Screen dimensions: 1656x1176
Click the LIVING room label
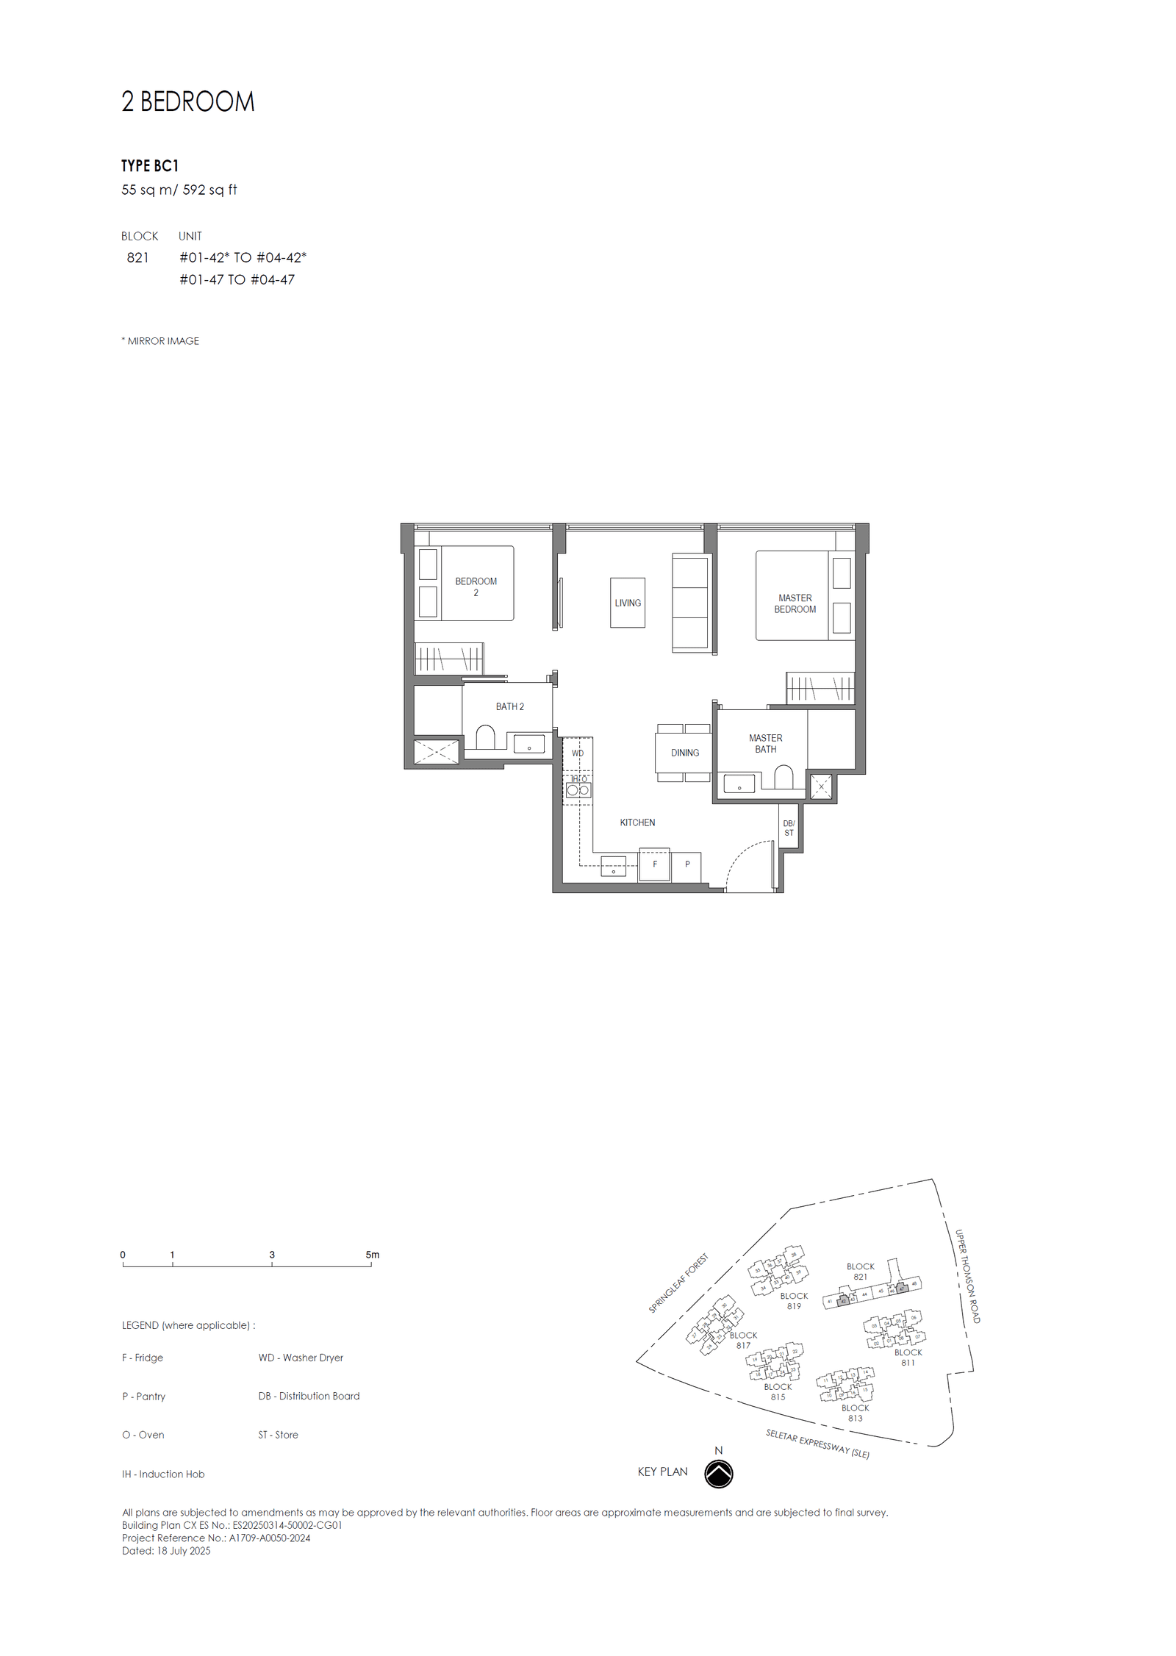(627, 603)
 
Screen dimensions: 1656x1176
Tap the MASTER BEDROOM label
(795, 603)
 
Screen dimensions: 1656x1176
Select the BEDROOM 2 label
(476, 587)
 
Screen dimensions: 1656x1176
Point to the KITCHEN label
(637, 822)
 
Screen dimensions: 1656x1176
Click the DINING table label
(684, 753)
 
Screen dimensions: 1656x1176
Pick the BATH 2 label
(509, 706)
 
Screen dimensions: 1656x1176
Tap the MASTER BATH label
(765, 743)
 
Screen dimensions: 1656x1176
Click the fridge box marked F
(654, 864)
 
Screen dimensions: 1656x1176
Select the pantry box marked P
(687, 864)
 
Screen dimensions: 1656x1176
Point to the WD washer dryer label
(578, 753)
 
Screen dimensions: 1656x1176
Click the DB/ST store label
(789, 828)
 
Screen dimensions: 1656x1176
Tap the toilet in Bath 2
(485, 737)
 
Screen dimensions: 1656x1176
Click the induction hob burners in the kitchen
(578, 790)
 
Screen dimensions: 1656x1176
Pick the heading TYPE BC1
(150, 166)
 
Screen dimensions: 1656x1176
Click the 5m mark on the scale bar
(372, 1255)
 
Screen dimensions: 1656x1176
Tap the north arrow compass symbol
(718, 1474)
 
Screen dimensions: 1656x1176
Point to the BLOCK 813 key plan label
(855, 1413)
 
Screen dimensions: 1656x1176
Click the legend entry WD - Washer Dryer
(301, 1358)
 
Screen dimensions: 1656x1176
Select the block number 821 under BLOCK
(137, 257)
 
